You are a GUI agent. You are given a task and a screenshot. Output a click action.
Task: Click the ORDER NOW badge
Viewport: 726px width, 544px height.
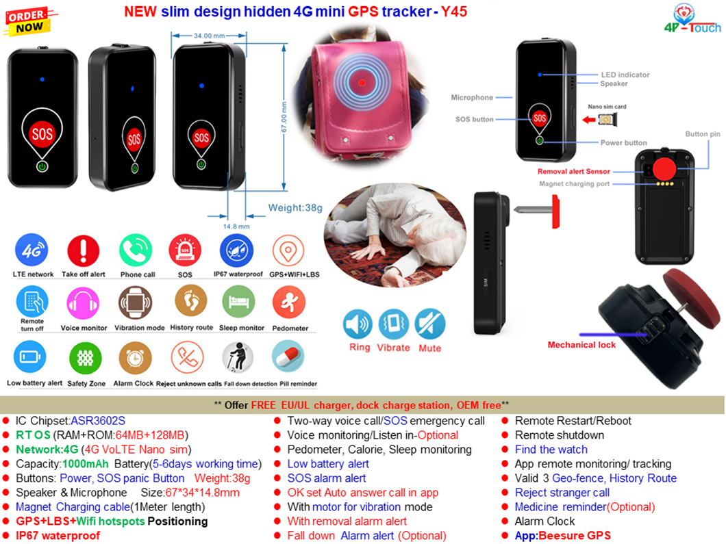(x=28, y=21)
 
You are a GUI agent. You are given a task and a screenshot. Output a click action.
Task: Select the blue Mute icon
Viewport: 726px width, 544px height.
(x=430, y=324)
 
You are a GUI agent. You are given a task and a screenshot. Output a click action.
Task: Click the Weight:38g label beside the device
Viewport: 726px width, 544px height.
(x=295, y=208)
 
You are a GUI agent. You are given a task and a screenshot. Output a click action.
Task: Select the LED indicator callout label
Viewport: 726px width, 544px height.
(x=625, y=75)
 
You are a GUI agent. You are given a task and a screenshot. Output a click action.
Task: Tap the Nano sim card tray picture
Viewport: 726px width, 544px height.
(x=605, y=120)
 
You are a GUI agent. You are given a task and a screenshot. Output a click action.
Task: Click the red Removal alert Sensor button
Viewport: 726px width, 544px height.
(x=663, y=168)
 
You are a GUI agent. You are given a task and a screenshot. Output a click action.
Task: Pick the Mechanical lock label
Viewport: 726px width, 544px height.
(x=581, y=345)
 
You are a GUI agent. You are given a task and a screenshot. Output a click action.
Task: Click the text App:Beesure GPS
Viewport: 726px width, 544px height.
(x=562, y=536)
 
